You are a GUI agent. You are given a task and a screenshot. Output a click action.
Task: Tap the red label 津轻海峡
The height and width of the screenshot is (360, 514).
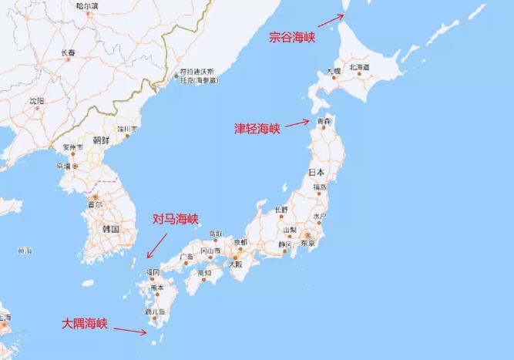click(257, 129)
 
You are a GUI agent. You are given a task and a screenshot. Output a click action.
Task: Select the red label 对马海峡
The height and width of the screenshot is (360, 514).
click(176, 220)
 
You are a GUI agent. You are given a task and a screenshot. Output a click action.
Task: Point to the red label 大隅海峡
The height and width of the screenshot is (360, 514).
click(86, 325)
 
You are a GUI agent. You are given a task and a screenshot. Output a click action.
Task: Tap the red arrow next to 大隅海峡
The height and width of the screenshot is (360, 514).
click(135, 331)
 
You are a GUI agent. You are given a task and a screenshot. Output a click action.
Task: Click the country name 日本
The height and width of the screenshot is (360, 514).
click(316, 171)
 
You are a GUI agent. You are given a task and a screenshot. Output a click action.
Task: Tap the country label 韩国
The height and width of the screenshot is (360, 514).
click(110, 229)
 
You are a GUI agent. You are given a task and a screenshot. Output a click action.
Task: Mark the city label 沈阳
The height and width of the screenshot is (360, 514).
click(36, 101)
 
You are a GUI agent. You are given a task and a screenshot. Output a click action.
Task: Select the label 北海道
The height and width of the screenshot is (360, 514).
click(360, 68)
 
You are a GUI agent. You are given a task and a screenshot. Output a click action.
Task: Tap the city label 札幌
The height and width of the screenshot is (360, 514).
click(333, 72)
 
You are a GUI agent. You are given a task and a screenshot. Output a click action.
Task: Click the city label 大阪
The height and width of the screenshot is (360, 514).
click(233, 264)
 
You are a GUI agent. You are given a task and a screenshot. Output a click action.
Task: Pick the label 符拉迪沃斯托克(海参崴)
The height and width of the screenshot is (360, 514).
click(198, 76)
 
